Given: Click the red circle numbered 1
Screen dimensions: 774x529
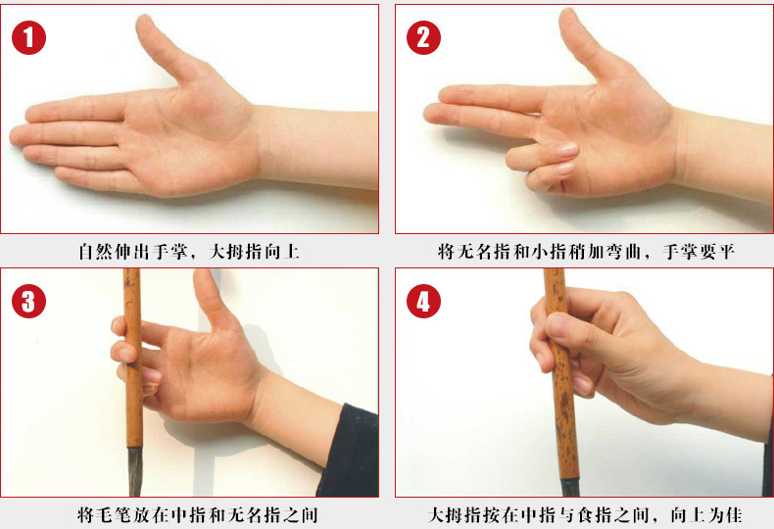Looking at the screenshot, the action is pos(28,38).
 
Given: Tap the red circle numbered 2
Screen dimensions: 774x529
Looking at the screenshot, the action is pos(423,38).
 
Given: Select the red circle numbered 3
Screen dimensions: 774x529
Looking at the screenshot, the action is pos(28,302).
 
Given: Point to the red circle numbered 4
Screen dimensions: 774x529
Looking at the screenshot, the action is pos(423,302).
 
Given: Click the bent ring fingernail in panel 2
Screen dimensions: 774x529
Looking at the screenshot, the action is pos(566,148).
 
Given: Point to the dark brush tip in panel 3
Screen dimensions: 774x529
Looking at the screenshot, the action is pos(134,471).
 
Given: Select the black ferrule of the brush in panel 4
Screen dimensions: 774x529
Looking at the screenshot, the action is pos(569,487).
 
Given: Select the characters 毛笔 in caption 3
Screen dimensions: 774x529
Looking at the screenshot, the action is pos(114,515).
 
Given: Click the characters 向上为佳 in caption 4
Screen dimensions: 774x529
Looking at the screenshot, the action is pos(705,515).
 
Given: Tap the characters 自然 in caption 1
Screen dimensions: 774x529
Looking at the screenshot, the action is pos(96,252).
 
